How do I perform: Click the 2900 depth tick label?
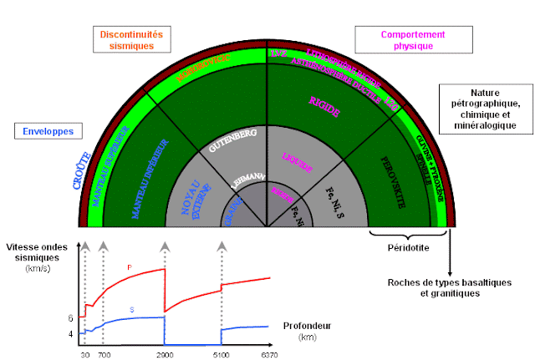click(x=164, y=353)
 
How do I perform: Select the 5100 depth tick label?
click(x=222, y=353)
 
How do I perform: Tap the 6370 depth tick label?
click(x=269, y=353)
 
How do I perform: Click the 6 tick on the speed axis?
click(x=71, y=317)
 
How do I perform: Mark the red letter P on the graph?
click(x=130, y=267)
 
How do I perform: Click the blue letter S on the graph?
click(x=132, y=310)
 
